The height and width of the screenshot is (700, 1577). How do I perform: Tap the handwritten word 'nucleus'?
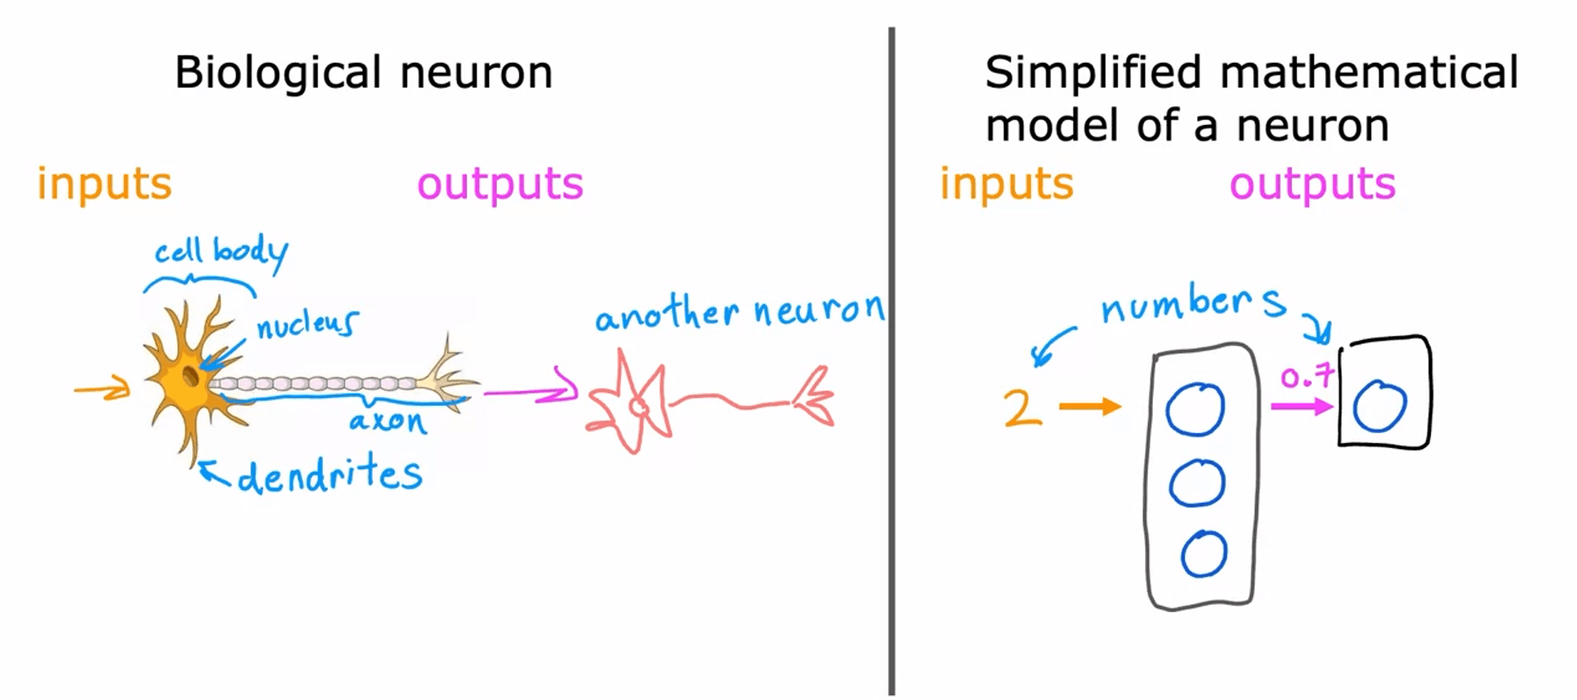307,325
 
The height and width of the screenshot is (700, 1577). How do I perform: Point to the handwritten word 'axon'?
388,422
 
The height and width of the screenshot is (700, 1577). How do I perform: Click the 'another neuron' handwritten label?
740,312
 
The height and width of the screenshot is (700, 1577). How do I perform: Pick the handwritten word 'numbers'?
1193,304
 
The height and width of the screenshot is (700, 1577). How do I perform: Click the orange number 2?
1022,408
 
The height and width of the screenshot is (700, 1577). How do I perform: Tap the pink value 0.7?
1307,378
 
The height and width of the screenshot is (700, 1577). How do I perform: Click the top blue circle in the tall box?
1195,409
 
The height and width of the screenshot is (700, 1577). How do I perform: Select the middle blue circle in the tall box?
1197,483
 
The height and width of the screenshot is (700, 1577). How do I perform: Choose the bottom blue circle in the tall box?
1203,554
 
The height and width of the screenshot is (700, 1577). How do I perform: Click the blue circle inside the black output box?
1380,406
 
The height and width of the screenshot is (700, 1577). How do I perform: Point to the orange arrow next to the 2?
1090,406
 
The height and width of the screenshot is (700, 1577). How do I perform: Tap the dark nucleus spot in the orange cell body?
190,377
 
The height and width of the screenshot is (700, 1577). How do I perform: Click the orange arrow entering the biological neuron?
103,389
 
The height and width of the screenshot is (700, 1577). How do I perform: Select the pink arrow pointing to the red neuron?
531,391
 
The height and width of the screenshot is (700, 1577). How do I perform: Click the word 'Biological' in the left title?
278,73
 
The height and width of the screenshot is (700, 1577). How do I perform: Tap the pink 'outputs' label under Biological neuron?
500,184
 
